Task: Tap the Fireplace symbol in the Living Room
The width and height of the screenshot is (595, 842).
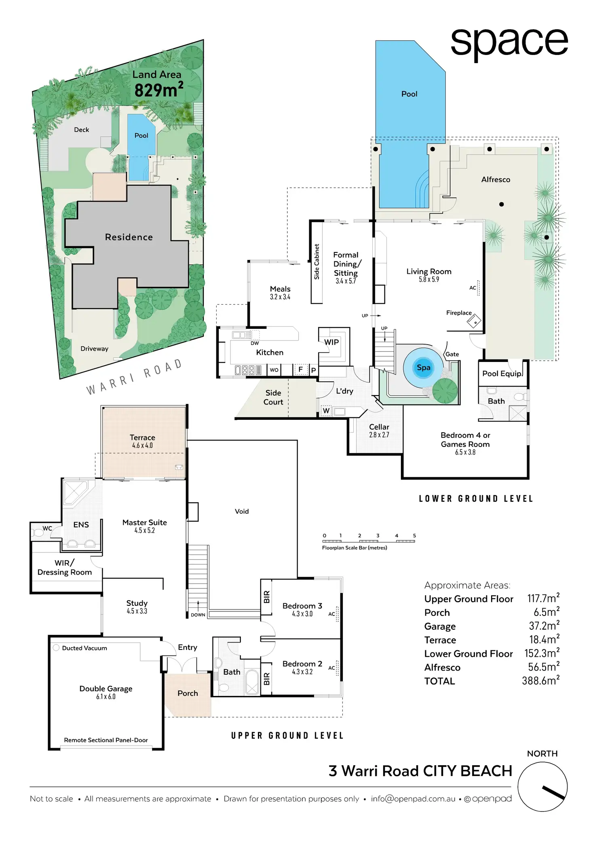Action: tap(474, 321)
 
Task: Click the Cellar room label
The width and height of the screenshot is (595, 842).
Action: tap(379, 427)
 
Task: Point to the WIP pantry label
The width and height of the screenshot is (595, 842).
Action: tap(331, 342)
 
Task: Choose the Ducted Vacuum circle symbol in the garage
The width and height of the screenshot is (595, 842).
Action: tap(56, 647)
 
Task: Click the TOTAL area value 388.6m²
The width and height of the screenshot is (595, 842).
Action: tap(540, 681)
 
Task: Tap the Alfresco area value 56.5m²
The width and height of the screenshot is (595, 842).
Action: tap(543, 667)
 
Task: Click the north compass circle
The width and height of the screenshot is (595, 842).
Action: tap(542, 787)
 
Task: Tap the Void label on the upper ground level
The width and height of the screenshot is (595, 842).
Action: tap(242, 511)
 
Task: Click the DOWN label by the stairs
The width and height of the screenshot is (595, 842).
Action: tap(198, 615)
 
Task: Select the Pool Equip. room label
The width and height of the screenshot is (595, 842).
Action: tap(502, 374)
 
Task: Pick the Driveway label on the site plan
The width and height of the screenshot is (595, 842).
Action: tap(94, 349)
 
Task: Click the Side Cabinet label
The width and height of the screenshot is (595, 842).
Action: tap(316, 262)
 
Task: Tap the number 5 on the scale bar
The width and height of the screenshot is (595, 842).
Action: tap(414, 535)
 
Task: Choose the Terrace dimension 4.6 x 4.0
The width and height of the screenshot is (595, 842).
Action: tap(142, 446)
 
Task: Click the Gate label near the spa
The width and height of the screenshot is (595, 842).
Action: tap(452, 354)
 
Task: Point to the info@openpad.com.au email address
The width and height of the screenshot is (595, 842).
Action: tap(413, 799)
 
